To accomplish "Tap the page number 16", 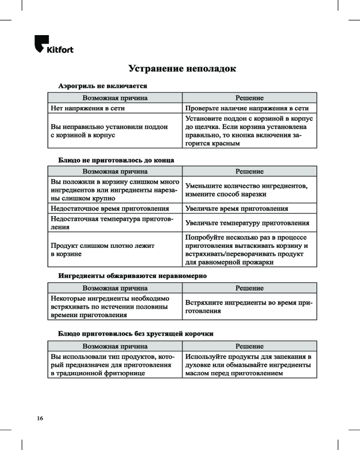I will coord(40,418).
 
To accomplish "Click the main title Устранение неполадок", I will coord(182,69).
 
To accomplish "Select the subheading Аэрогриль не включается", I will coord(103,85).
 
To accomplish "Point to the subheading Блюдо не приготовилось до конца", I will coord(117,160).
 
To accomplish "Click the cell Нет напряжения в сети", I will coord(88,108).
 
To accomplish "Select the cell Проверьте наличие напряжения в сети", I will coord(247,108).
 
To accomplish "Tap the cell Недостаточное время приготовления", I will coord(110,209).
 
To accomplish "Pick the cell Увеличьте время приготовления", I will coord(237,209).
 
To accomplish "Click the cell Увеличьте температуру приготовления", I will coord(247,223).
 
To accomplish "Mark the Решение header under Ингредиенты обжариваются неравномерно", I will coord(250,288).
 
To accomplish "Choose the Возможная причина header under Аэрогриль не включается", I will coord(115,98).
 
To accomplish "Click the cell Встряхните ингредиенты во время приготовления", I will coord(249,307).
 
